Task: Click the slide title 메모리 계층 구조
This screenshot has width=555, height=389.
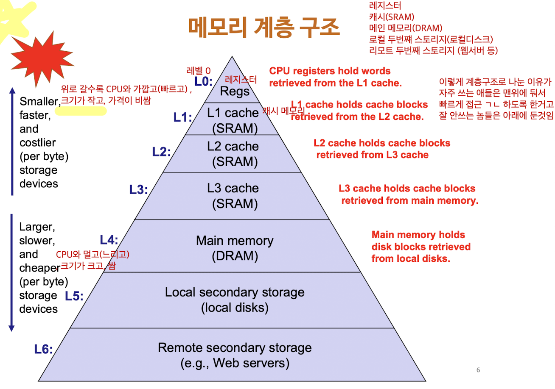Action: (264, 28)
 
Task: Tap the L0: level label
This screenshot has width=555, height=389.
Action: (203, 81)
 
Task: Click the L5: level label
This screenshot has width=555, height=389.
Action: (74, 296)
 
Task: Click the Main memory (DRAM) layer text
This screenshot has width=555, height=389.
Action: (235, 248)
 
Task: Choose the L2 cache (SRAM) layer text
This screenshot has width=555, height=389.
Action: (233, 154)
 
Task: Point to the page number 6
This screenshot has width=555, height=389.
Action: (478, 370)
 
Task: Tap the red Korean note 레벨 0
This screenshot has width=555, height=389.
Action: (199, 70)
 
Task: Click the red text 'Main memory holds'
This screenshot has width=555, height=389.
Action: (418, 235)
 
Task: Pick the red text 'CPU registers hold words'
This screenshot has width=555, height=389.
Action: (330, 71)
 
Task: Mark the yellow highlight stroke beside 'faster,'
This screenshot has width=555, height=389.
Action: (81, 111)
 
